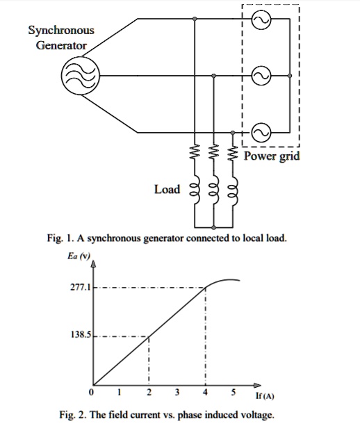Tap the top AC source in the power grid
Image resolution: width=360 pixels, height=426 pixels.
pyautogui.click(x=261, y=21)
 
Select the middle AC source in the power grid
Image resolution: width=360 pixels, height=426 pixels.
pyautogui.click(x=261, y=75)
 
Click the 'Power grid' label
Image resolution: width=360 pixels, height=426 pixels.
pyautogui.click(x=272, y=156)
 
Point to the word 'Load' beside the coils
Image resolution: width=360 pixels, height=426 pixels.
pyautogui.click(x=167, y=189)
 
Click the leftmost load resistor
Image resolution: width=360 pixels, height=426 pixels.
pyautogui.click(x=195, y=151)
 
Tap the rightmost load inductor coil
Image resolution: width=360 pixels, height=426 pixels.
pyautogui.click(x=234, y=192)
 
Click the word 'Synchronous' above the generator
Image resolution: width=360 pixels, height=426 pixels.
pyautogui.click(x=61, y=31)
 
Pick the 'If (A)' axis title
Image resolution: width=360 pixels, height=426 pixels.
pyautogui.click(x=264, y=397)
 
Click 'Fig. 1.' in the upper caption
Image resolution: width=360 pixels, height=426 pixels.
pyautogui.click(x=60, y=238)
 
